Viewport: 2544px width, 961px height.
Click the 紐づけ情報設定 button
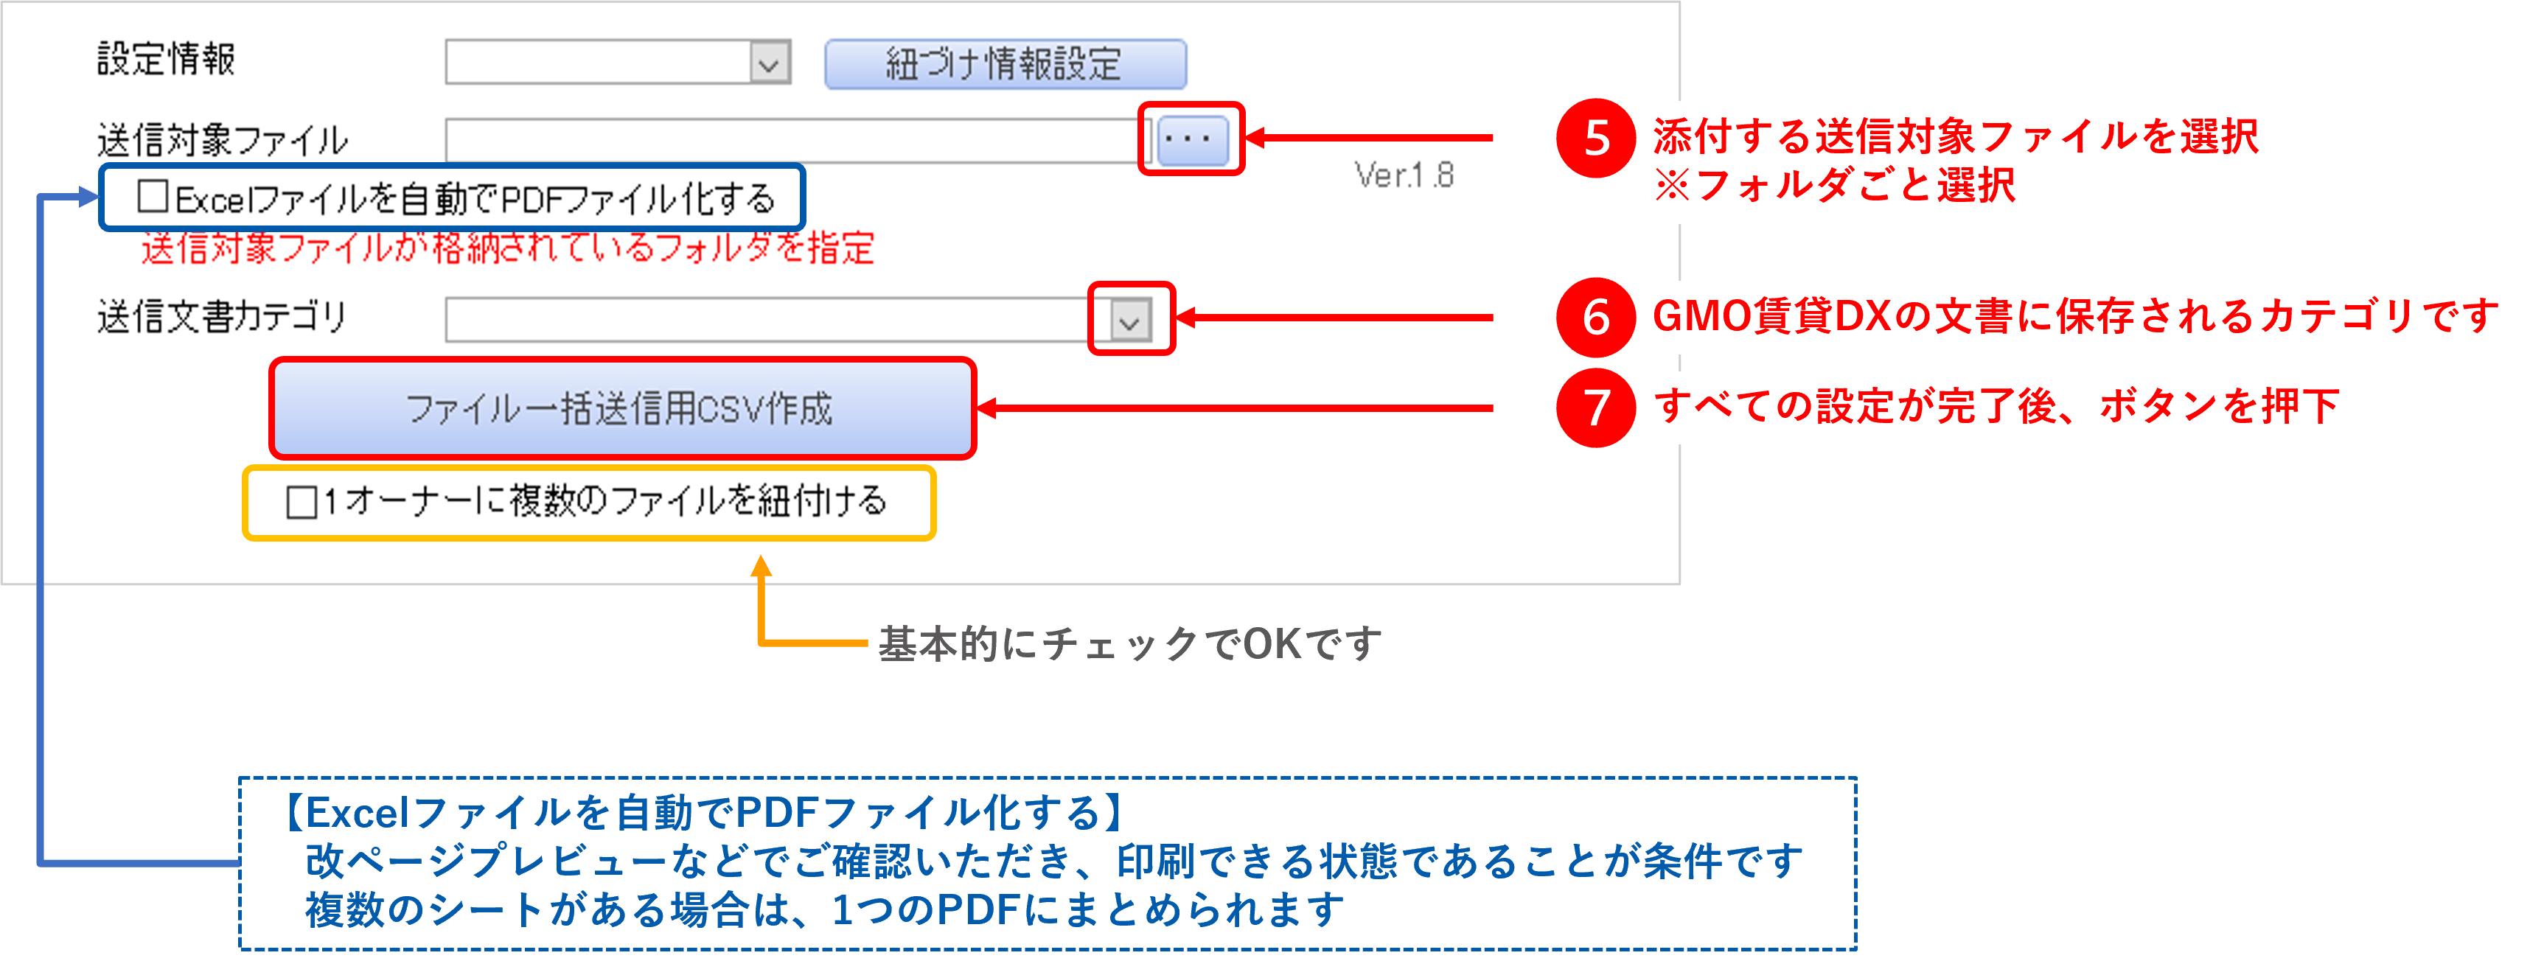(x=1004, y=64)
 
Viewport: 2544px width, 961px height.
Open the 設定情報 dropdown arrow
(x=770, y=64)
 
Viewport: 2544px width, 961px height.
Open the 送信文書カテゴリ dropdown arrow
(x=1130, y=320)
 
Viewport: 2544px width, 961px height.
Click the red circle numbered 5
(x=1596, y=139)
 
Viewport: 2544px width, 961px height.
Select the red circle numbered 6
(x=1596, y=317)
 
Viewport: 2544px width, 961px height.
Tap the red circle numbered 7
(x=1596, y=407)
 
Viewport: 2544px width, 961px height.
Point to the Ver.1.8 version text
(x=1404, y=176)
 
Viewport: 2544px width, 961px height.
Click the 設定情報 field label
(x=166, y=59)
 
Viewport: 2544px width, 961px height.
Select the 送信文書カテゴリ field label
(x=222, y=317)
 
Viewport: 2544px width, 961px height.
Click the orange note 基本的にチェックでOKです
(x=1129, y=644)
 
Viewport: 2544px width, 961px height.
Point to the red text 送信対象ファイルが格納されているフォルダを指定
(x=508, y=248)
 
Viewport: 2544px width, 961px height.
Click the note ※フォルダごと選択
(x=1834, y=185)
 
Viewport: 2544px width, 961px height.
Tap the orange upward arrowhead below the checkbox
(x=761, y=566)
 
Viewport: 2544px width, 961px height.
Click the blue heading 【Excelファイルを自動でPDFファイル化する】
(x=703, y=813)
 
